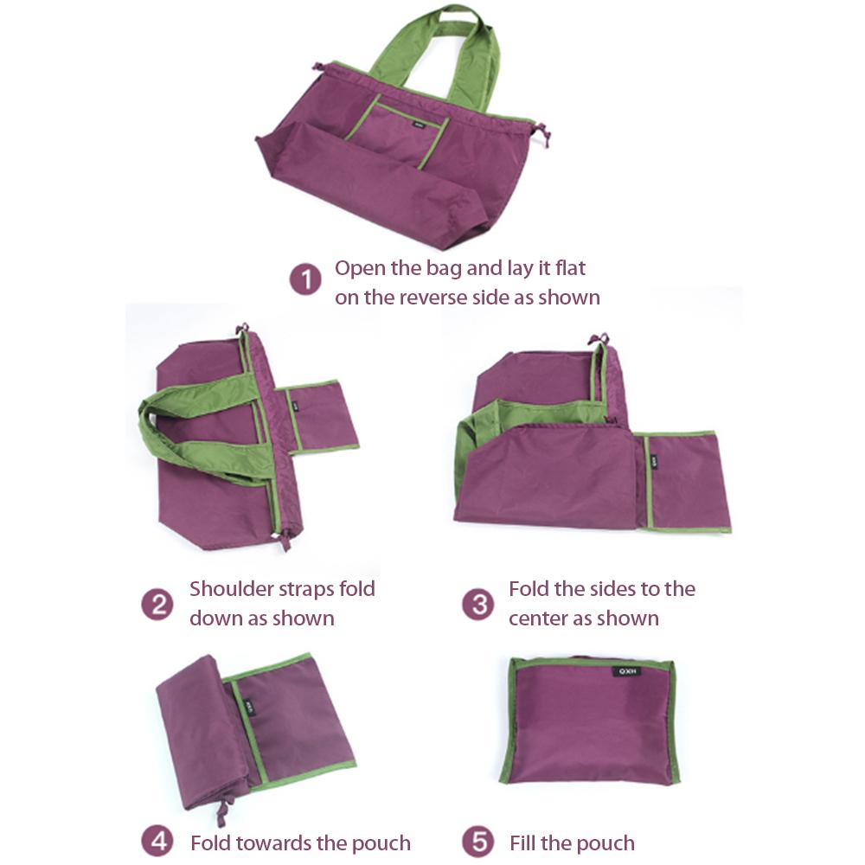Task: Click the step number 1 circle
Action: pyautogui.click(x=305, y=280)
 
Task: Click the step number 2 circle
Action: pyautogui.click(x=157, y=603)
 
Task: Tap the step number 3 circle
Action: pyautogui.click(x=477, y=603)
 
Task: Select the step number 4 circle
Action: pyautogui.click(x=157, y=842)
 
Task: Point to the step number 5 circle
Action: pyautogui.click(x=477, y=842)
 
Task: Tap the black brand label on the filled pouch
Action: pyautogui.click(x=627, y=670)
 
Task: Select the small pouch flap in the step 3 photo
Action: pyautogui.click(x=688, y=480)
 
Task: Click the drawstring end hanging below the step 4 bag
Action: pyautogui.click(x=221, y=813)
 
